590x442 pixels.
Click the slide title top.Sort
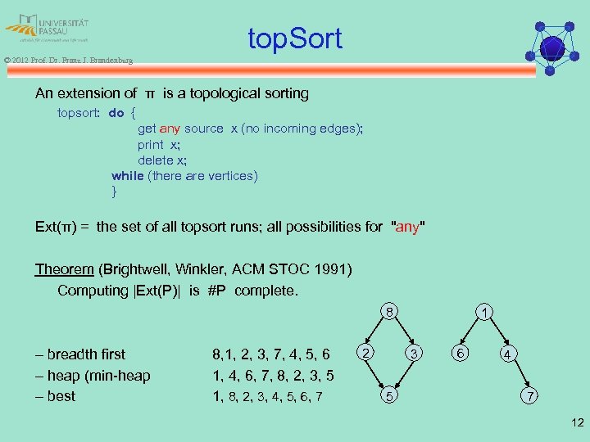295,38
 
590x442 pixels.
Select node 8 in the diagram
392,312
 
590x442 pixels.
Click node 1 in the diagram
486,312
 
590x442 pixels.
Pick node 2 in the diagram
367,352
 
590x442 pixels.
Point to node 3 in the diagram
415,354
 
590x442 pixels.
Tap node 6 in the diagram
461,352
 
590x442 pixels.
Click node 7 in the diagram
532,397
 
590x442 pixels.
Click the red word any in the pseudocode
170,129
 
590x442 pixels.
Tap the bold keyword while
127,176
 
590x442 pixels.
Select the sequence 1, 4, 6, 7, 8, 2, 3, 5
271,376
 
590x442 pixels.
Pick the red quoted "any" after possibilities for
409,227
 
